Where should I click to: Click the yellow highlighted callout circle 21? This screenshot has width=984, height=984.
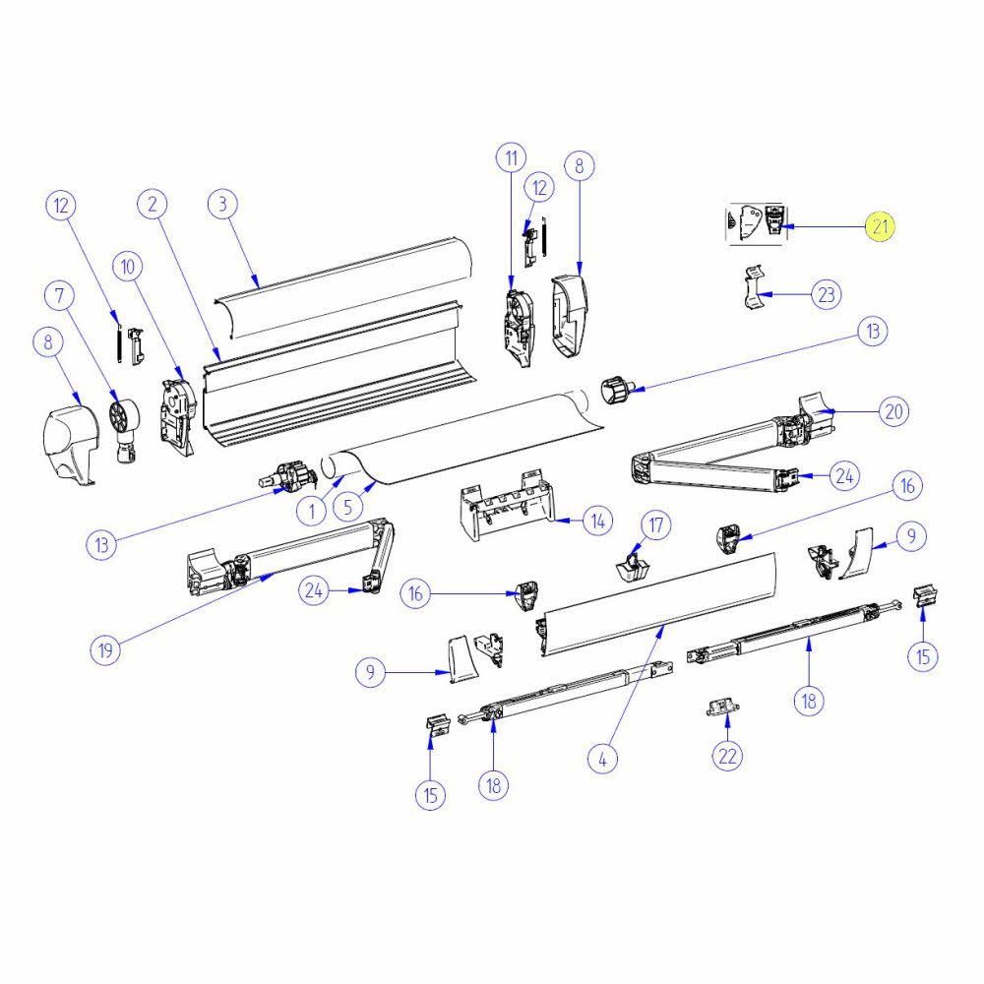pyautogui.click(x=880, y=227)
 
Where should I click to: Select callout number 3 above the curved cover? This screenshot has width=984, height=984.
pyautogui.click(x=223, y=204)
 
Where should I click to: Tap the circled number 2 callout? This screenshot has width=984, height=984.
pyautogui.click(x=152, y=204)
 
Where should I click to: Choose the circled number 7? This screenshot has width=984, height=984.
pyautogui.click(x=61, y=294)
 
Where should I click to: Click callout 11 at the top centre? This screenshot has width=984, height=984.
pyautogui.click(x=511, y=157)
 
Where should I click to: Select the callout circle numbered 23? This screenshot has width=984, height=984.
pyautogui.click(x=827, y=293)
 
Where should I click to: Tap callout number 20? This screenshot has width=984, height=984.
pyautogui.click(x=892, y=411)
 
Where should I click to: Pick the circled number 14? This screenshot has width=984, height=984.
pyautogui.click(x=596, y=521)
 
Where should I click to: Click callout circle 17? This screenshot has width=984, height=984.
pyautogui.click(x=656, y=524)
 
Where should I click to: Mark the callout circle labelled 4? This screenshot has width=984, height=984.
pyautogui.click(x=603, y=758)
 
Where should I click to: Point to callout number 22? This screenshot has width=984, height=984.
pyautogui.click(x=727, y=756)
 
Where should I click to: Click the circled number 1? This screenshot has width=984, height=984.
pyautogui.click(x=312, y=511)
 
